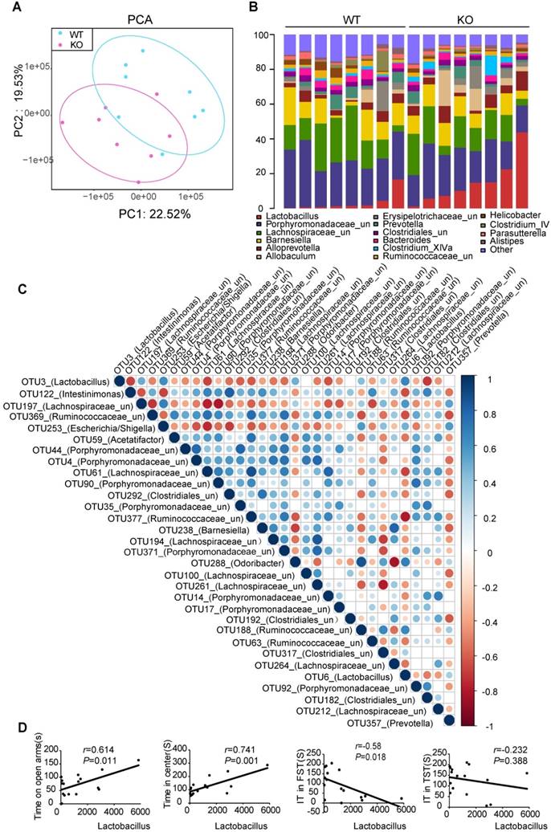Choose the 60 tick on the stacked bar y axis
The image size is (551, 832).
coord(259,104)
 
